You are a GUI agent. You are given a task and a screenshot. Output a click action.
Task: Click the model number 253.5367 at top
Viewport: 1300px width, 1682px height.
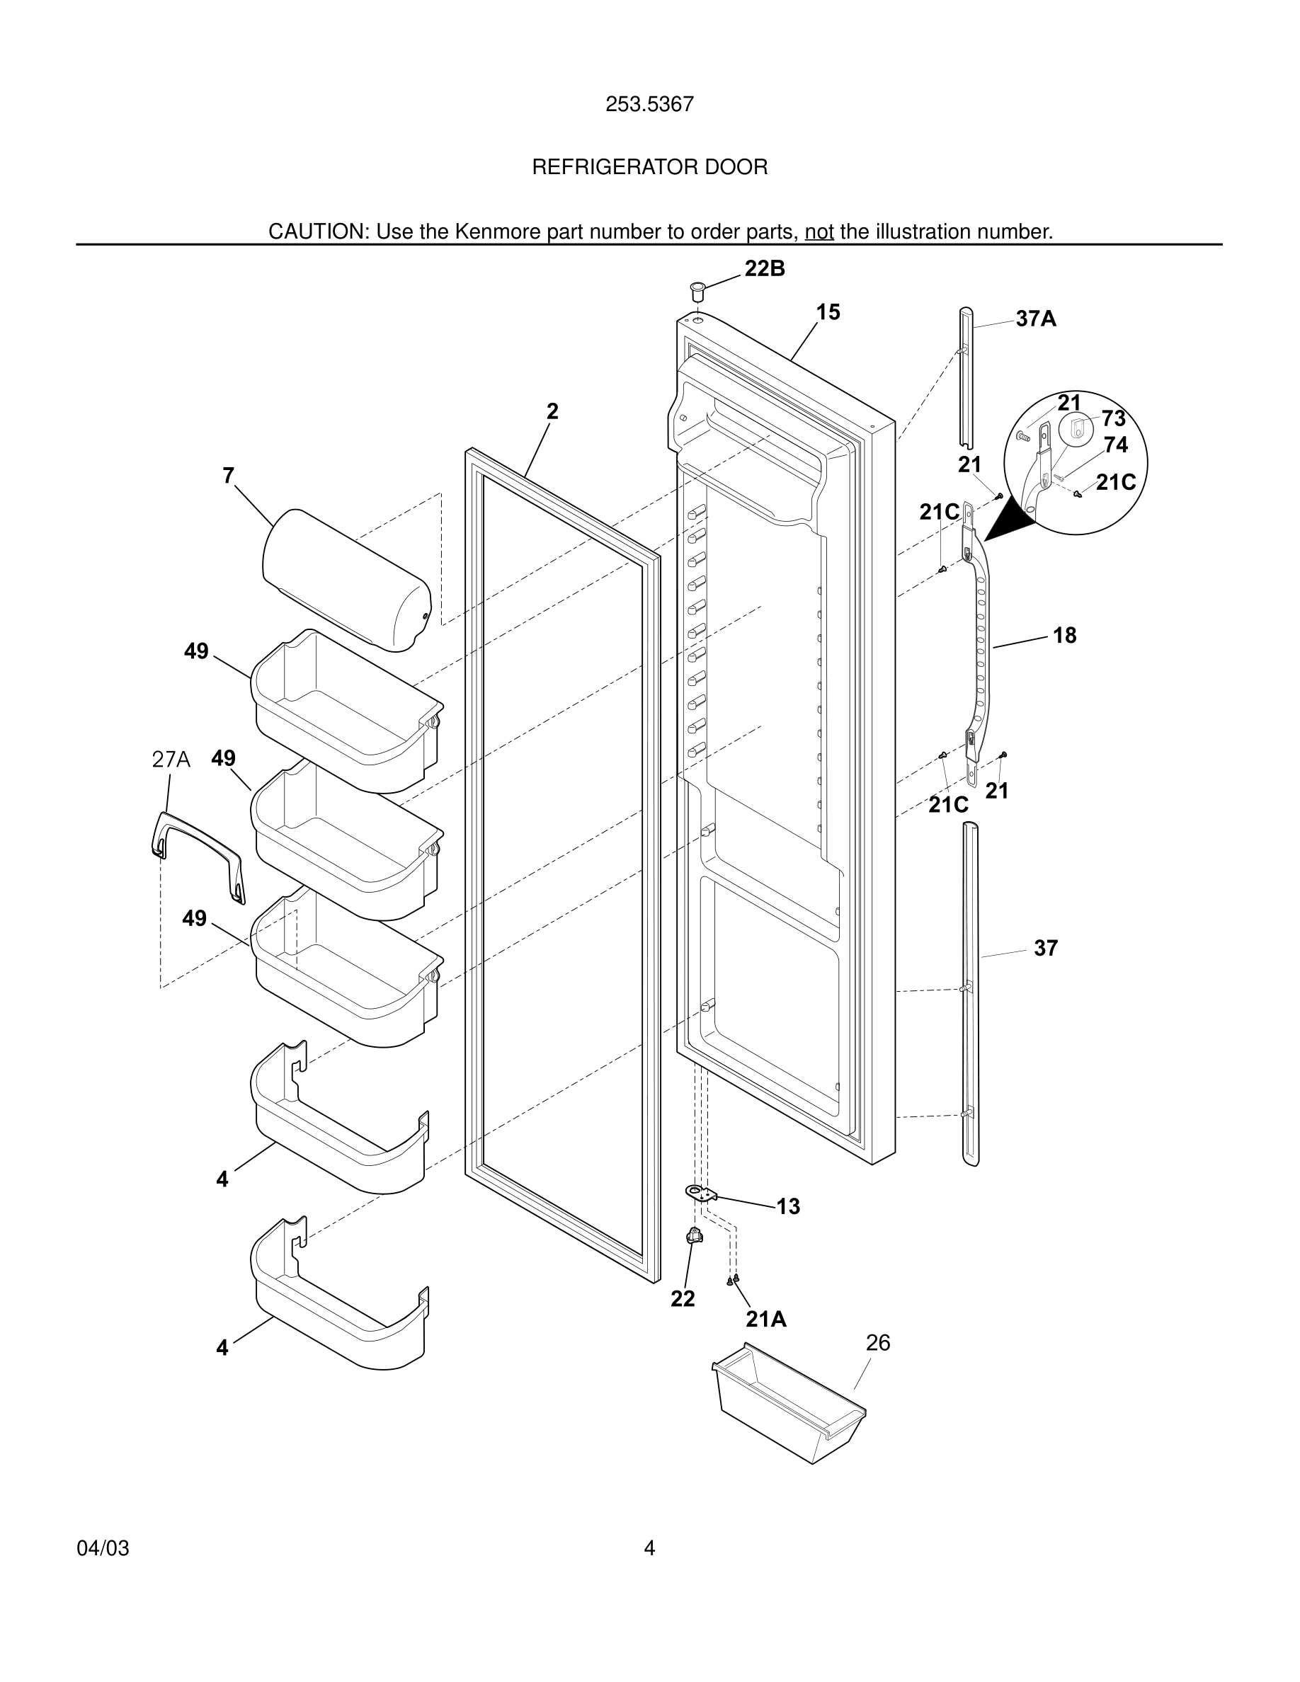pos(649,105)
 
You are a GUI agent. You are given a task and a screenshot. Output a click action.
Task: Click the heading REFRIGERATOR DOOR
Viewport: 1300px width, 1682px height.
pos(649,167)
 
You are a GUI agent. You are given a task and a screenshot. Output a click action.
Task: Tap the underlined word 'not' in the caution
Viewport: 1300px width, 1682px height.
pos(819,231)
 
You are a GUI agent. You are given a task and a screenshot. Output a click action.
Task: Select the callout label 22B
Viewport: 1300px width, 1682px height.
pos(764,269)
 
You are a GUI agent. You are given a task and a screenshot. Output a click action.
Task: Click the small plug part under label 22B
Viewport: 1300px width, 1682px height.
pos(696,291)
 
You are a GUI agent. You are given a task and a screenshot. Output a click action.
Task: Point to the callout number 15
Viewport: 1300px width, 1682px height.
pos(828,313)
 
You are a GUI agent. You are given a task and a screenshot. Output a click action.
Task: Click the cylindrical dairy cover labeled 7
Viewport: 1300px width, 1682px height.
pos(346,579)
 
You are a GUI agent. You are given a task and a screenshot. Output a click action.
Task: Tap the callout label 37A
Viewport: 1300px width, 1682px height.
pos(1035,319)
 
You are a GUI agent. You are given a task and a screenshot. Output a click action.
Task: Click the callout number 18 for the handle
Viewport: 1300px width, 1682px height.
pos(1064,636)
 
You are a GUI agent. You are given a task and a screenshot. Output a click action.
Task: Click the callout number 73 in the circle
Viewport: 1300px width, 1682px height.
pos(1113,419)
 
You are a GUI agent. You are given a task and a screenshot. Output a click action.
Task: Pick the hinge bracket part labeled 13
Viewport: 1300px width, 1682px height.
pos(700,1194)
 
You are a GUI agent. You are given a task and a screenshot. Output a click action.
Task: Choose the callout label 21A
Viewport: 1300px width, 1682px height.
pos(765,1320)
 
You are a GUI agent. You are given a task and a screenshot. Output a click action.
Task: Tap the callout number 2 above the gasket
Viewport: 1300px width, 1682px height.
pos(552,412)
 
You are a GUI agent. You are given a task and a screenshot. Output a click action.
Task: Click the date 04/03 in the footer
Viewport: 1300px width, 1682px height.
pos(103,1549)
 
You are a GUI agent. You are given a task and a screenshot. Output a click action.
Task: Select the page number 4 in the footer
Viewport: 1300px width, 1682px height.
pos(649,1549)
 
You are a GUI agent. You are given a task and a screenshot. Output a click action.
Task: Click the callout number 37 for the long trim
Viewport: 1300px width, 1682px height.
pos(1045,948)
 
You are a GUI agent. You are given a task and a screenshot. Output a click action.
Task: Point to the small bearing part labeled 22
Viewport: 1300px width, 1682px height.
pos(694,1237)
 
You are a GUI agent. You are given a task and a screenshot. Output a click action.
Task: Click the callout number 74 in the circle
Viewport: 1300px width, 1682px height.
pos(1115,445)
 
